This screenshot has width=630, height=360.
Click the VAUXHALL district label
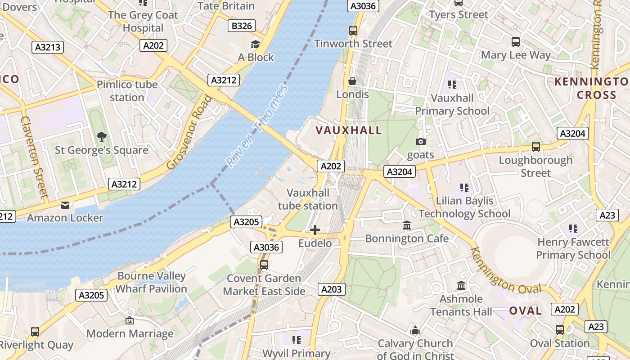pyautogui.click(x=348, y=130)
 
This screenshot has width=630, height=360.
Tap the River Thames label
pyautogui.click(x=256, y=126)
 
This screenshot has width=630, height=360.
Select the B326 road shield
pyautogui.click(x=242, y=26)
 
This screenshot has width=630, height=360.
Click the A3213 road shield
pyautogui.click(x=48, y=47)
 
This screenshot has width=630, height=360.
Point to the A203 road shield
pyautogui.click(x=332, y=289)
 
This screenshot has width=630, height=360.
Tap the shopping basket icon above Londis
pyautogui.click(x=352, y=81)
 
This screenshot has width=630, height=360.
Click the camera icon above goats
pyautogui.click(x=421, y=142)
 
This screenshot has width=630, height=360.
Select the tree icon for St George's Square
pyautogui.click(x=102, y=136)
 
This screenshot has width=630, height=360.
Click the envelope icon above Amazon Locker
pyautogui.click(x=65, y=205)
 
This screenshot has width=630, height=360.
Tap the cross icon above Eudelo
pyautogui.click(x=315, y=230)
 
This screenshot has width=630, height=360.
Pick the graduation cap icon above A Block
pyautogui.click(x=256, y=44)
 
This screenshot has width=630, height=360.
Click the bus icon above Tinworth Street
pyautogui.click(x=353, y=31)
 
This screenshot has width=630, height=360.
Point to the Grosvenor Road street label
pyautogui.click(x=189, y=132)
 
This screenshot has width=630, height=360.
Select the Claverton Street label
pyautogui.click(x=34, y=157)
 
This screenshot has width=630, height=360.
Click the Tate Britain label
pyautogui.click(x=226, y=6)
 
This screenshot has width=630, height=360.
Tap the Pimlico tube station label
pyautogui.click(x=127, y=91)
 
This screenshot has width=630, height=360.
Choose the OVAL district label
pyautogui.click(x=525, y=311)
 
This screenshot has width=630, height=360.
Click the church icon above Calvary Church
pyautogui.click(x=415, y=331)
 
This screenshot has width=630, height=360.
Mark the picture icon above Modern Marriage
pyautogui.click(x=130, y=320)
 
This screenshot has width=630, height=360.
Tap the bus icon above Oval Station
pyautogui.click(x=560, y=330)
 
